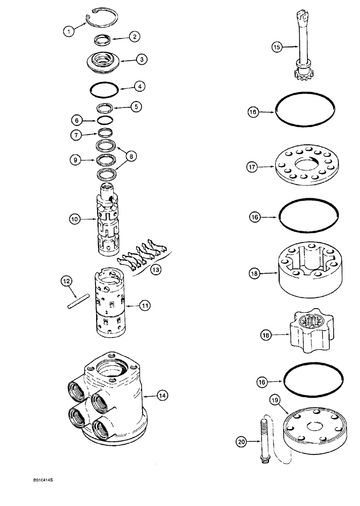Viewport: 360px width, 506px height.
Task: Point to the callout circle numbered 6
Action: (x=76, y=121)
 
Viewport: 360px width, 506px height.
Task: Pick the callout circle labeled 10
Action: (x=76, y=220)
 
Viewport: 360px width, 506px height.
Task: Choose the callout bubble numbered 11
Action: (x=145, y=305)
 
